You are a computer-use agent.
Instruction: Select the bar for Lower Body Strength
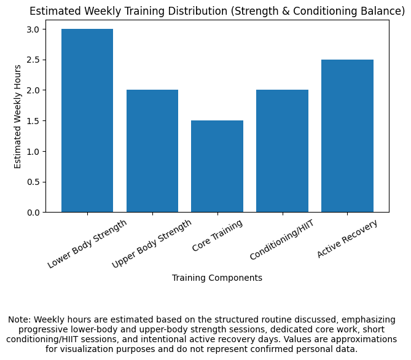click(x=87, y=121)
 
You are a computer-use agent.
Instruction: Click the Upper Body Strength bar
click(x=152, y=151)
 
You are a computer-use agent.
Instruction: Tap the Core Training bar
click(x=217, y=166)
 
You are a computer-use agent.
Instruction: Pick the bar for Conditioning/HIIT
click(x=282, y=151)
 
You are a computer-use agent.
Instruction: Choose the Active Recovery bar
click(x=347, y=136)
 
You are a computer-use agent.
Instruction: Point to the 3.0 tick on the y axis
click(x=33, y=29)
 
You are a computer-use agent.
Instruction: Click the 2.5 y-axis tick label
click(x=33, y=60)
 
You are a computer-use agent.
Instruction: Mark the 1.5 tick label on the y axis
click(x=33, y=121)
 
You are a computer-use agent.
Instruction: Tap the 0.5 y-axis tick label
click(x=33, y=182)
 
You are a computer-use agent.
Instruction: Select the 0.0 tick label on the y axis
click(x=33, y=213)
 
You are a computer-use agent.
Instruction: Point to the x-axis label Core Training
click(x=217, y=236)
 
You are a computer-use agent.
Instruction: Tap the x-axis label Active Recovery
click(x=347, y=238)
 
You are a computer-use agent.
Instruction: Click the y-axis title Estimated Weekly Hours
click(x=18, y=116)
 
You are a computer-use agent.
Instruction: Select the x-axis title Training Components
click(x=217, y=278)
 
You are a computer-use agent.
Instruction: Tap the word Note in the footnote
click(x=18, y=319)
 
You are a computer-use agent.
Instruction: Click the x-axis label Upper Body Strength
click(x=152, y=243)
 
